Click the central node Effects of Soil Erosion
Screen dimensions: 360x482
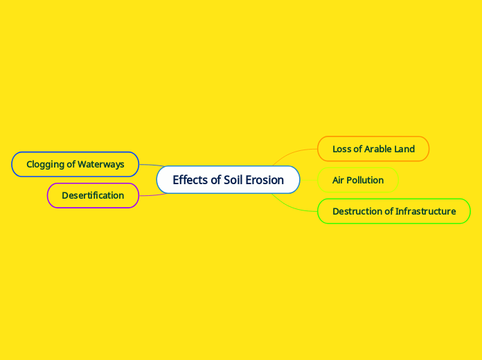click(x=228, y=180)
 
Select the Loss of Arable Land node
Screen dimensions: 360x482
click(x=373, y=149)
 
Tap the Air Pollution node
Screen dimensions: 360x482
click(x=357, y=180)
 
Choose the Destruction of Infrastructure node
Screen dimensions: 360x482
click(x=393, y=211)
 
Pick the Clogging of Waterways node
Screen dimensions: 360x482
click(x=75, y=164)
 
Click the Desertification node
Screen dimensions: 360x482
click(x=93, y=195)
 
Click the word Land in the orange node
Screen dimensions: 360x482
click(x=404, y=149)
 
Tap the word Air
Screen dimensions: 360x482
click(x=339, y=180)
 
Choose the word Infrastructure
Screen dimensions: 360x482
click(x=425, y=211)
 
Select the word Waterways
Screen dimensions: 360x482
click(x=101, y=164)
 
